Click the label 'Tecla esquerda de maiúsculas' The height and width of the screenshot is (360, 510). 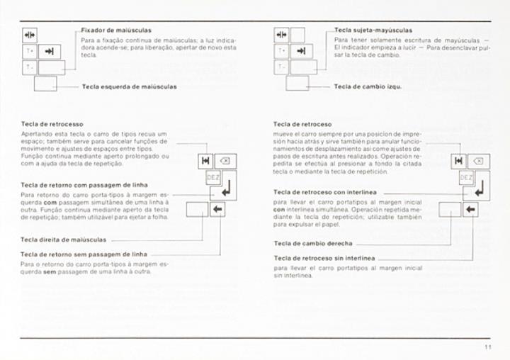[129, 86]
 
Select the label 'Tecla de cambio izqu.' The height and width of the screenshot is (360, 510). [368, 86]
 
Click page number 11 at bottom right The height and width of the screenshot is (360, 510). [488, 347]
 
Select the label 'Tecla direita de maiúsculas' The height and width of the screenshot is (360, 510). [63, 240]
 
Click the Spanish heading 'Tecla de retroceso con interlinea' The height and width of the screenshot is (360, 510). [324, 192]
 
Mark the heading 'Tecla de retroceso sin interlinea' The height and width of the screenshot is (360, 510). [324, 258]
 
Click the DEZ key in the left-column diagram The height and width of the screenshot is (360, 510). [212, 177]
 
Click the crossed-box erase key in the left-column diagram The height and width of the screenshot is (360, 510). [225, 161]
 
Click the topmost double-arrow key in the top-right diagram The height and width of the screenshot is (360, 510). [281, 34]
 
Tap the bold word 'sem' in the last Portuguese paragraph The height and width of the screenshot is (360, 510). [29, 271]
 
